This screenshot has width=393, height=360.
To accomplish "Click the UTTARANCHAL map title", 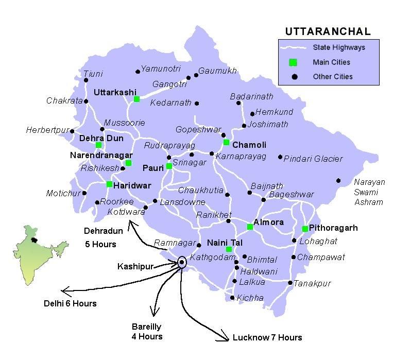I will (x=328, y=32).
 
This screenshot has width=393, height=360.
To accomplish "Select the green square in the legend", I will (x=293, y=62).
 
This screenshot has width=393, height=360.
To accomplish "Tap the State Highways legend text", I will (x=339, y=48).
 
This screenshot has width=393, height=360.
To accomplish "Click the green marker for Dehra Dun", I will (x=99, y=145).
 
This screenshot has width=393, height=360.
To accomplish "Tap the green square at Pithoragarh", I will (x=305, y=229).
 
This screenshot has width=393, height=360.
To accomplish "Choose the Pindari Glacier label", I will (x=313, y=159).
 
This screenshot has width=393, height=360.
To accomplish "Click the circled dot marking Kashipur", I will (x=182, y=263).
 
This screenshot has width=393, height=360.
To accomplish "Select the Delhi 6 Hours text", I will (x=70, y=303).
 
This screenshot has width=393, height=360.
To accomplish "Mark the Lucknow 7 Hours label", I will (x=267, y=338).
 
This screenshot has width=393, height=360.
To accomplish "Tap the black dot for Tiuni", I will (x=86, y=80).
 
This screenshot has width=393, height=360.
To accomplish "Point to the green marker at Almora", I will (x=250, y=227).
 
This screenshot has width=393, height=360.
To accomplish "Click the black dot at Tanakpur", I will (x=291, y=283).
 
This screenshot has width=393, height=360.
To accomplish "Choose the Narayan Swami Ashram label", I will (x=368, y=192).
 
